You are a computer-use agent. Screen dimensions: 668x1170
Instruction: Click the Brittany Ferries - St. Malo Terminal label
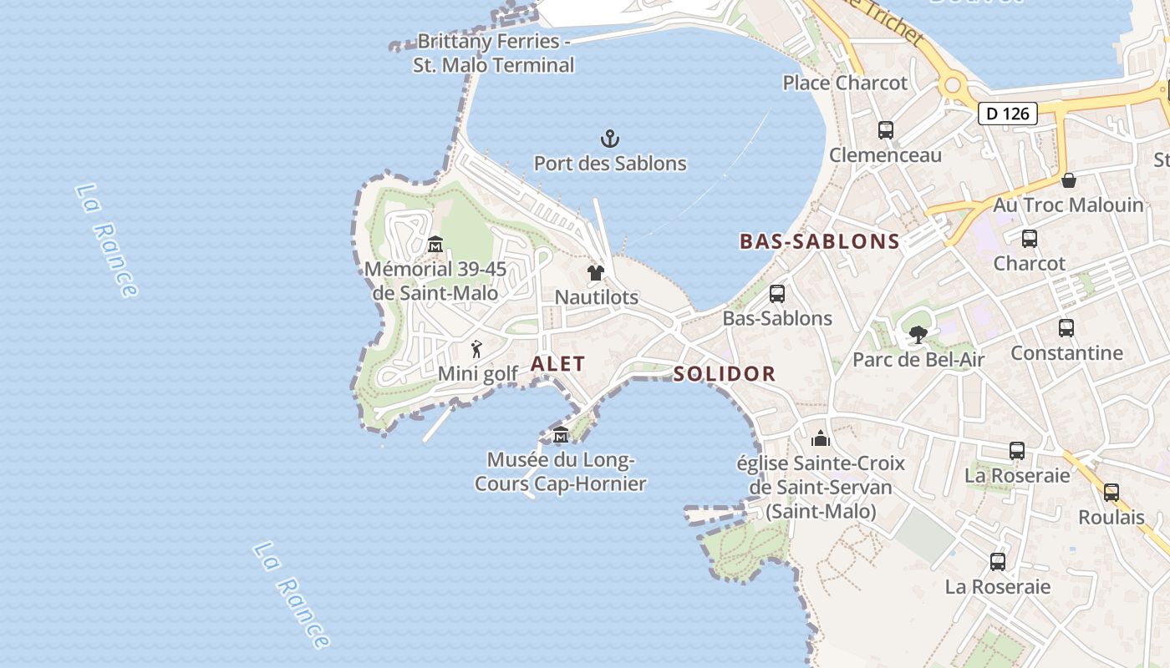[x=494, y=53]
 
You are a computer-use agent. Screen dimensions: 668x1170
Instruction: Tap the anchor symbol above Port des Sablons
[x=610, y=139]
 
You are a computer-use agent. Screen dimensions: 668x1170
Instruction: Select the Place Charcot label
[x=844, y=83]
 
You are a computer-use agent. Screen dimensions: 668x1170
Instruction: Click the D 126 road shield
[x=1007, y=113]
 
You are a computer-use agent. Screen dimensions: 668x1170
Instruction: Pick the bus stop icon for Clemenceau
[x=886, y=130]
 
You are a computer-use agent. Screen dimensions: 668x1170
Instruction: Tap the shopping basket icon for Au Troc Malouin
[x=1068, y=180]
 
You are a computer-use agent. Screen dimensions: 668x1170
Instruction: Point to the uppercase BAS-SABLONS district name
[x=819, y=242]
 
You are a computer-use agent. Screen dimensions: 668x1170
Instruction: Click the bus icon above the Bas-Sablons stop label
[x=777, y=294]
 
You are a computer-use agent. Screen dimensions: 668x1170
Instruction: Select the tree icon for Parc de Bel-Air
[x=918, y=335]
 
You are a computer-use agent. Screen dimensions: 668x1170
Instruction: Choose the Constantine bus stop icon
[x=1066, y=328]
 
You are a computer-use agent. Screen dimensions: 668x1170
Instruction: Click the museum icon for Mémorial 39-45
[x=435, y=245]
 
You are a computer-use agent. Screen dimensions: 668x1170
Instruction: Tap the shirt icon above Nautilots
[x=595, y=272]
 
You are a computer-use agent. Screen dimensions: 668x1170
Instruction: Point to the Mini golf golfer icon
[x=476, y=349]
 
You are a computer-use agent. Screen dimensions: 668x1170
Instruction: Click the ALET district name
[x=557, y=364]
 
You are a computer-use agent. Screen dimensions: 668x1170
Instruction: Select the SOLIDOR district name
[x=725, y=374]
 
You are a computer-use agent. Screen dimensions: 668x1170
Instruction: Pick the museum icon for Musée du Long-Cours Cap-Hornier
[x=560, y=435]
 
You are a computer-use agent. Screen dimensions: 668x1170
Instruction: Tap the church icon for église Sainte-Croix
[x=821, y=438]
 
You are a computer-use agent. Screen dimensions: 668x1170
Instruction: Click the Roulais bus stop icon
[x=1111, y=493]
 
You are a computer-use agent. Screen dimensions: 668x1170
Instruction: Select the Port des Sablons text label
[x=610, y=164]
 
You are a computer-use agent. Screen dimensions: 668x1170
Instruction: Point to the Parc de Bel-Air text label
[x=918, y=360]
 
